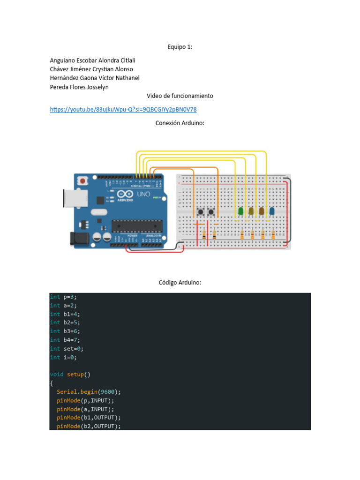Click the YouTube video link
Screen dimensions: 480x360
point(123,110)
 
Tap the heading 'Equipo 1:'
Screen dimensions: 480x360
point(180,47)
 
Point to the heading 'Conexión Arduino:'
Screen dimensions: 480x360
point(180,123)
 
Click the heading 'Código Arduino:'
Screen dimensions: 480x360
point(180,283)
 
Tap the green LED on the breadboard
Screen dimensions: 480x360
point(241,211)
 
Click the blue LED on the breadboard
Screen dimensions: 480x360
point(272,212)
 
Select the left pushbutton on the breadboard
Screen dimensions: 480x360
point(201,212)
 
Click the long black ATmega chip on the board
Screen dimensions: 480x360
point(137,226)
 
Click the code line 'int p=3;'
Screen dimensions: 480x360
point(63,297)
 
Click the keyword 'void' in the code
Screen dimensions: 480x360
point(56,375)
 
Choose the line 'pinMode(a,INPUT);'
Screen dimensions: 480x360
point(85,409)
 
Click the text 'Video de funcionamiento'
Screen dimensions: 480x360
point(180,96)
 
